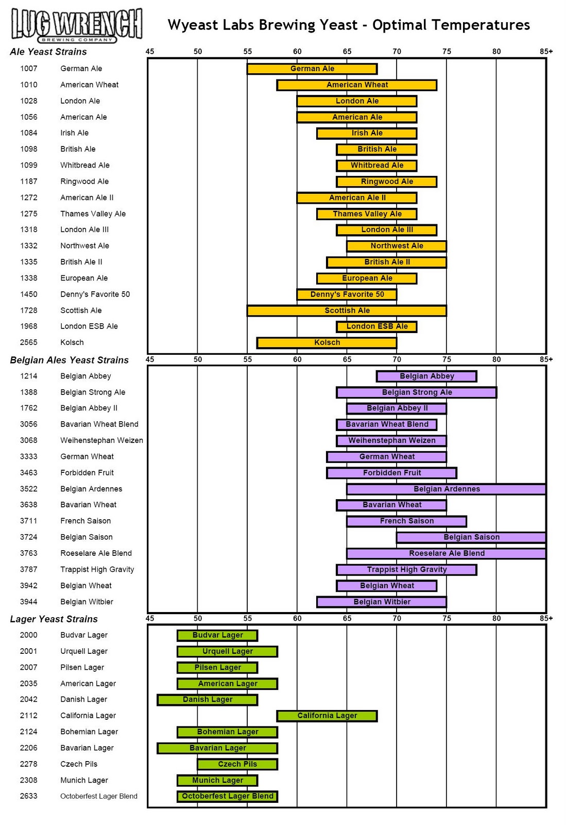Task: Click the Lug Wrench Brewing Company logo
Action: (x=77, y=25)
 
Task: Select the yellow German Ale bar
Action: (x=312, y=69)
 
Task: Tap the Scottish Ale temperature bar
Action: (x=347, y=310)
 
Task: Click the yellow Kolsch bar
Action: (x=327, y=342)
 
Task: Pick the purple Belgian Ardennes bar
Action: (x=446, y=489)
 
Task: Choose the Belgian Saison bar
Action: (x=471, y=537)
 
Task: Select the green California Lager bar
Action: (x=327, y=716)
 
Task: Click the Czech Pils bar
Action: (x=237, y=764)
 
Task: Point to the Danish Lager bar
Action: (x=208, y=700)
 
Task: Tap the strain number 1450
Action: (x=29, y=294)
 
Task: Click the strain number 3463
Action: (x=29, y=473)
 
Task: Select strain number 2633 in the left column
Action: (x=29, y=796)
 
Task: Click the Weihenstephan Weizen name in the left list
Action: (x=101, y=440)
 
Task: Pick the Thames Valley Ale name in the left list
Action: (x=93, y=214)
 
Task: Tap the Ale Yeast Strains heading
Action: (x=48, y=52)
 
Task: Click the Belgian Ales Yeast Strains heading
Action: (x=69, y=360)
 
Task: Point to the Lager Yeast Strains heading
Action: (x=54, y=619)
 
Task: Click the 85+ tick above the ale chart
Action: (x=546, y=52)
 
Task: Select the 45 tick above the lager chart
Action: (x=150, y=618)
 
